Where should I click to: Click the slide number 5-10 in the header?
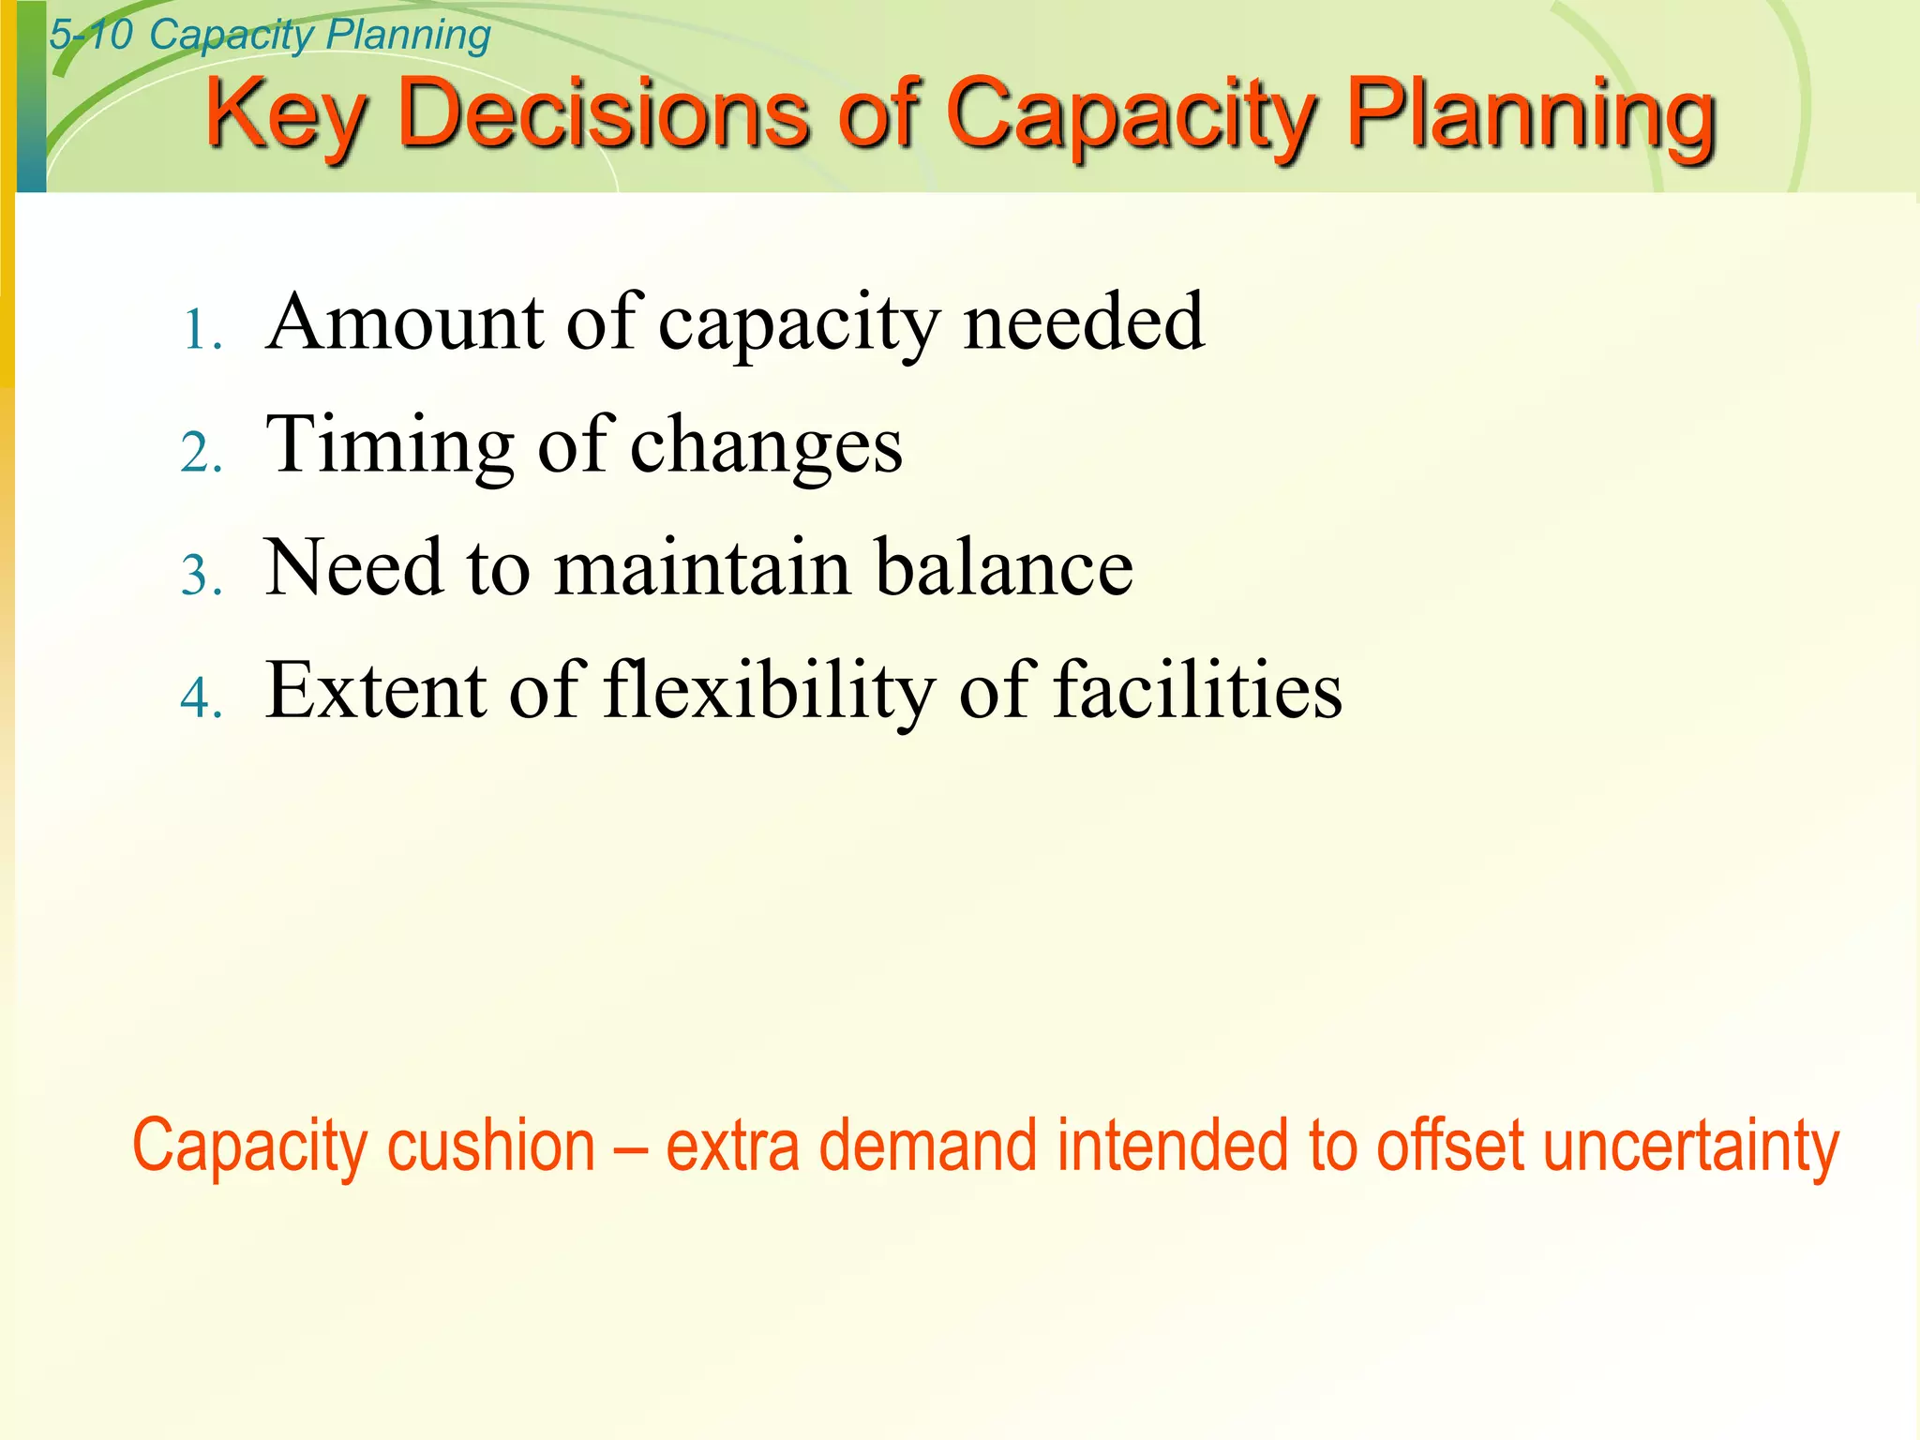click(91, 36)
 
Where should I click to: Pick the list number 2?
click(200, 455)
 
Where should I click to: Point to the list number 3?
click(200, 577)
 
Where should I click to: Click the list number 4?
click(200, 699)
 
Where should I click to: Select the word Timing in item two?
click(390, 444)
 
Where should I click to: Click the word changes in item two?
click(765, 446)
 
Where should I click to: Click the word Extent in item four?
click(375, 690)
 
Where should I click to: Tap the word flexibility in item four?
click(769, 692)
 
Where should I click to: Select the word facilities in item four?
click(1197, 690)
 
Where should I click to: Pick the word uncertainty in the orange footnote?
click(1690, 1147)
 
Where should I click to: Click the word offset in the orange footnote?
click(1449, 1146)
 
